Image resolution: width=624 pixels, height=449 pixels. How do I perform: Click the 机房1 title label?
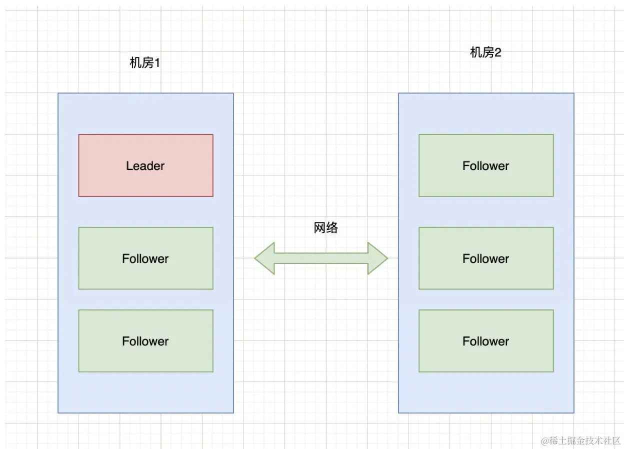point(144,63)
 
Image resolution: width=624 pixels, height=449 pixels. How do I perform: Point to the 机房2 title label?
point(485,52)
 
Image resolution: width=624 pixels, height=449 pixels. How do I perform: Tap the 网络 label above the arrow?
point(326,228)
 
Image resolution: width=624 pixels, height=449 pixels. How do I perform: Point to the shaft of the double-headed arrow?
point(321,258)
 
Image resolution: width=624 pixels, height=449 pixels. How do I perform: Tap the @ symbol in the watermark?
point(544,440)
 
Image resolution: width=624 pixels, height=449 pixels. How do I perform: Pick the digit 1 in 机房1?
point(156,63)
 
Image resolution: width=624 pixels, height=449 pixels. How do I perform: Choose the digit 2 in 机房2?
point(497,52)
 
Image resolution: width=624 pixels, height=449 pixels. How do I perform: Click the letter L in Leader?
point(129,166)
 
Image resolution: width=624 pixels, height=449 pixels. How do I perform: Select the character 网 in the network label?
point(320,228)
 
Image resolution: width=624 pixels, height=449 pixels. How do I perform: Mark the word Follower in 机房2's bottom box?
point(485,341)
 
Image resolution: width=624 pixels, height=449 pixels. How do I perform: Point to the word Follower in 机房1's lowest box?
point(145,341)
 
